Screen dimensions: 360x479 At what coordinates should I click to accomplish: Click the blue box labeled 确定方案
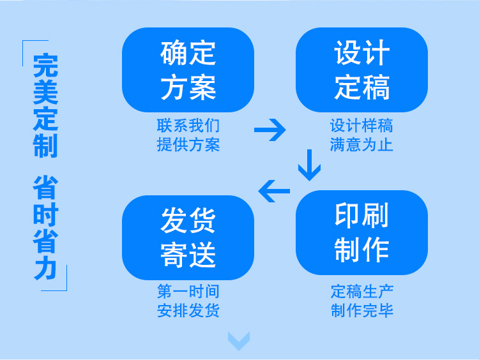[188, 70]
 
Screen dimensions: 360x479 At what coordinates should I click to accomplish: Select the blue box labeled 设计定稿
[361, 70]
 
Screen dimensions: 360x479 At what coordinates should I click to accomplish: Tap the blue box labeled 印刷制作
[361, 233]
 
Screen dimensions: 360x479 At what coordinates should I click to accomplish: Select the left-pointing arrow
[274, 190]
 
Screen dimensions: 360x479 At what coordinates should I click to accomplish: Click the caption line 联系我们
[188, 125]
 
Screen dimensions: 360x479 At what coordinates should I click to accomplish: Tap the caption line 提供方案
[188, 144]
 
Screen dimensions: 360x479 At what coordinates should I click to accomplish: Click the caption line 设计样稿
[361, 125]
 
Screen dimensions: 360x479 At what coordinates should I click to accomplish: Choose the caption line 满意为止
[361, 144]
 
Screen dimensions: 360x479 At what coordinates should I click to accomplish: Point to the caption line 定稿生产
[361, 292]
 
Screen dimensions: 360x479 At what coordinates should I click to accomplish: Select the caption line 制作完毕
[361, 311]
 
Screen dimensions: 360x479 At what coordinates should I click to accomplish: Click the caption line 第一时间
[188, 292]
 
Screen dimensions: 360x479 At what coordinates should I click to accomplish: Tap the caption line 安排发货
[188, 311]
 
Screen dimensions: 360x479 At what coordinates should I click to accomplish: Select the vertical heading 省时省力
[45, 227]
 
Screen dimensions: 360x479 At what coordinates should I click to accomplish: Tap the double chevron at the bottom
[239, 341]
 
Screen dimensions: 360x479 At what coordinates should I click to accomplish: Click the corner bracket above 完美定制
[27, 47]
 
